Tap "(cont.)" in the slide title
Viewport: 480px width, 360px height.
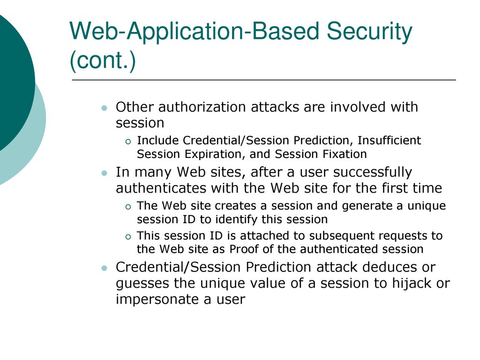coord(103,60)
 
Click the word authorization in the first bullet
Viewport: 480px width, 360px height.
coord(202,107)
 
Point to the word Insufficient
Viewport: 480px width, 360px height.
coord(389,140)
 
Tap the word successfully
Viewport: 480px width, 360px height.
coord(373,172)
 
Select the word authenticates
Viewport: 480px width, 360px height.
coord(161,188)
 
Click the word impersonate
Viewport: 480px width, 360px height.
coord(157,300)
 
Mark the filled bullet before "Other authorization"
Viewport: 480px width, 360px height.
coord(105,108)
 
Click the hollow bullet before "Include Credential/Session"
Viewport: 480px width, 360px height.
coord(128,142)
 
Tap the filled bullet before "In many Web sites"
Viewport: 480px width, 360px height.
coord(105,173)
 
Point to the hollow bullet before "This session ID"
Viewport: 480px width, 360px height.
coord(128,237)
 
